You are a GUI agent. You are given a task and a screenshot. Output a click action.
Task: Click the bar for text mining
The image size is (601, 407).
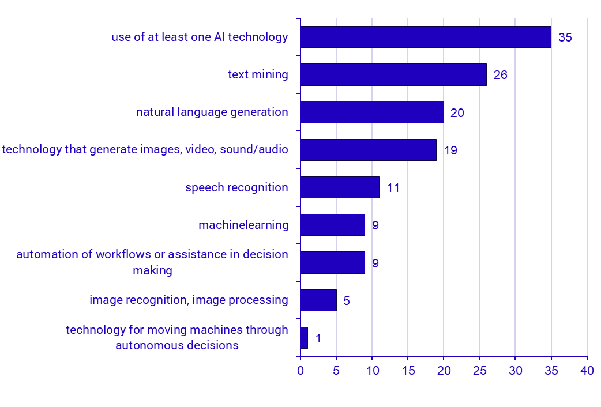coord(393,74)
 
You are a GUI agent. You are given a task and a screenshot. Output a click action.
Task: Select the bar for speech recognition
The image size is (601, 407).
coord(340,187)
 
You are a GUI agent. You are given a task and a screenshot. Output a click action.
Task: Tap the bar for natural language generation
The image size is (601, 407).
coord(372,112)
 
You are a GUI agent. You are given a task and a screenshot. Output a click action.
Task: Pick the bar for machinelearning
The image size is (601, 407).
coord(333,225)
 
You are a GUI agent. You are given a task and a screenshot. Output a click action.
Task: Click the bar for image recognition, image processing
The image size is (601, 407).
coord(318,300)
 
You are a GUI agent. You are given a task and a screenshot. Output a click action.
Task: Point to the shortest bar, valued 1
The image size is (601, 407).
coord(304,338)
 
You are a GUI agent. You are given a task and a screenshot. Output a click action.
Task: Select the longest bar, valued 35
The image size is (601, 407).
coord(426,37)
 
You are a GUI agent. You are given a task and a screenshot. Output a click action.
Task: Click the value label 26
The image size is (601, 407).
coord(500,75)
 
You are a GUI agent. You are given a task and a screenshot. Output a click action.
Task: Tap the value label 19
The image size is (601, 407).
coord(450,150)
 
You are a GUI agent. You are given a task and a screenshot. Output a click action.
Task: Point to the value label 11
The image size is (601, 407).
coord(393,188)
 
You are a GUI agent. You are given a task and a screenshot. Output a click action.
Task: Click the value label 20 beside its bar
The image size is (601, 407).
coord(457,113)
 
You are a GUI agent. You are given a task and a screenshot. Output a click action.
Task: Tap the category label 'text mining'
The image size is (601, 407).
coord(258,74)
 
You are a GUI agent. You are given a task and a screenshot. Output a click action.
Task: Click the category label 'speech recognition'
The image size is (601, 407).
coord(236,187)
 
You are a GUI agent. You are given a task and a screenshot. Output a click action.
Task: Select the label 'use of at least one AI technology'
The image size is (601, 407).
coord(200,37)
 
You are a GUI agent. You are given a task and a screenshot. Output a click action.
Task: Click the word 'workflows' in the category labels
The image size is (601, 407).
coord(121,254)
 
